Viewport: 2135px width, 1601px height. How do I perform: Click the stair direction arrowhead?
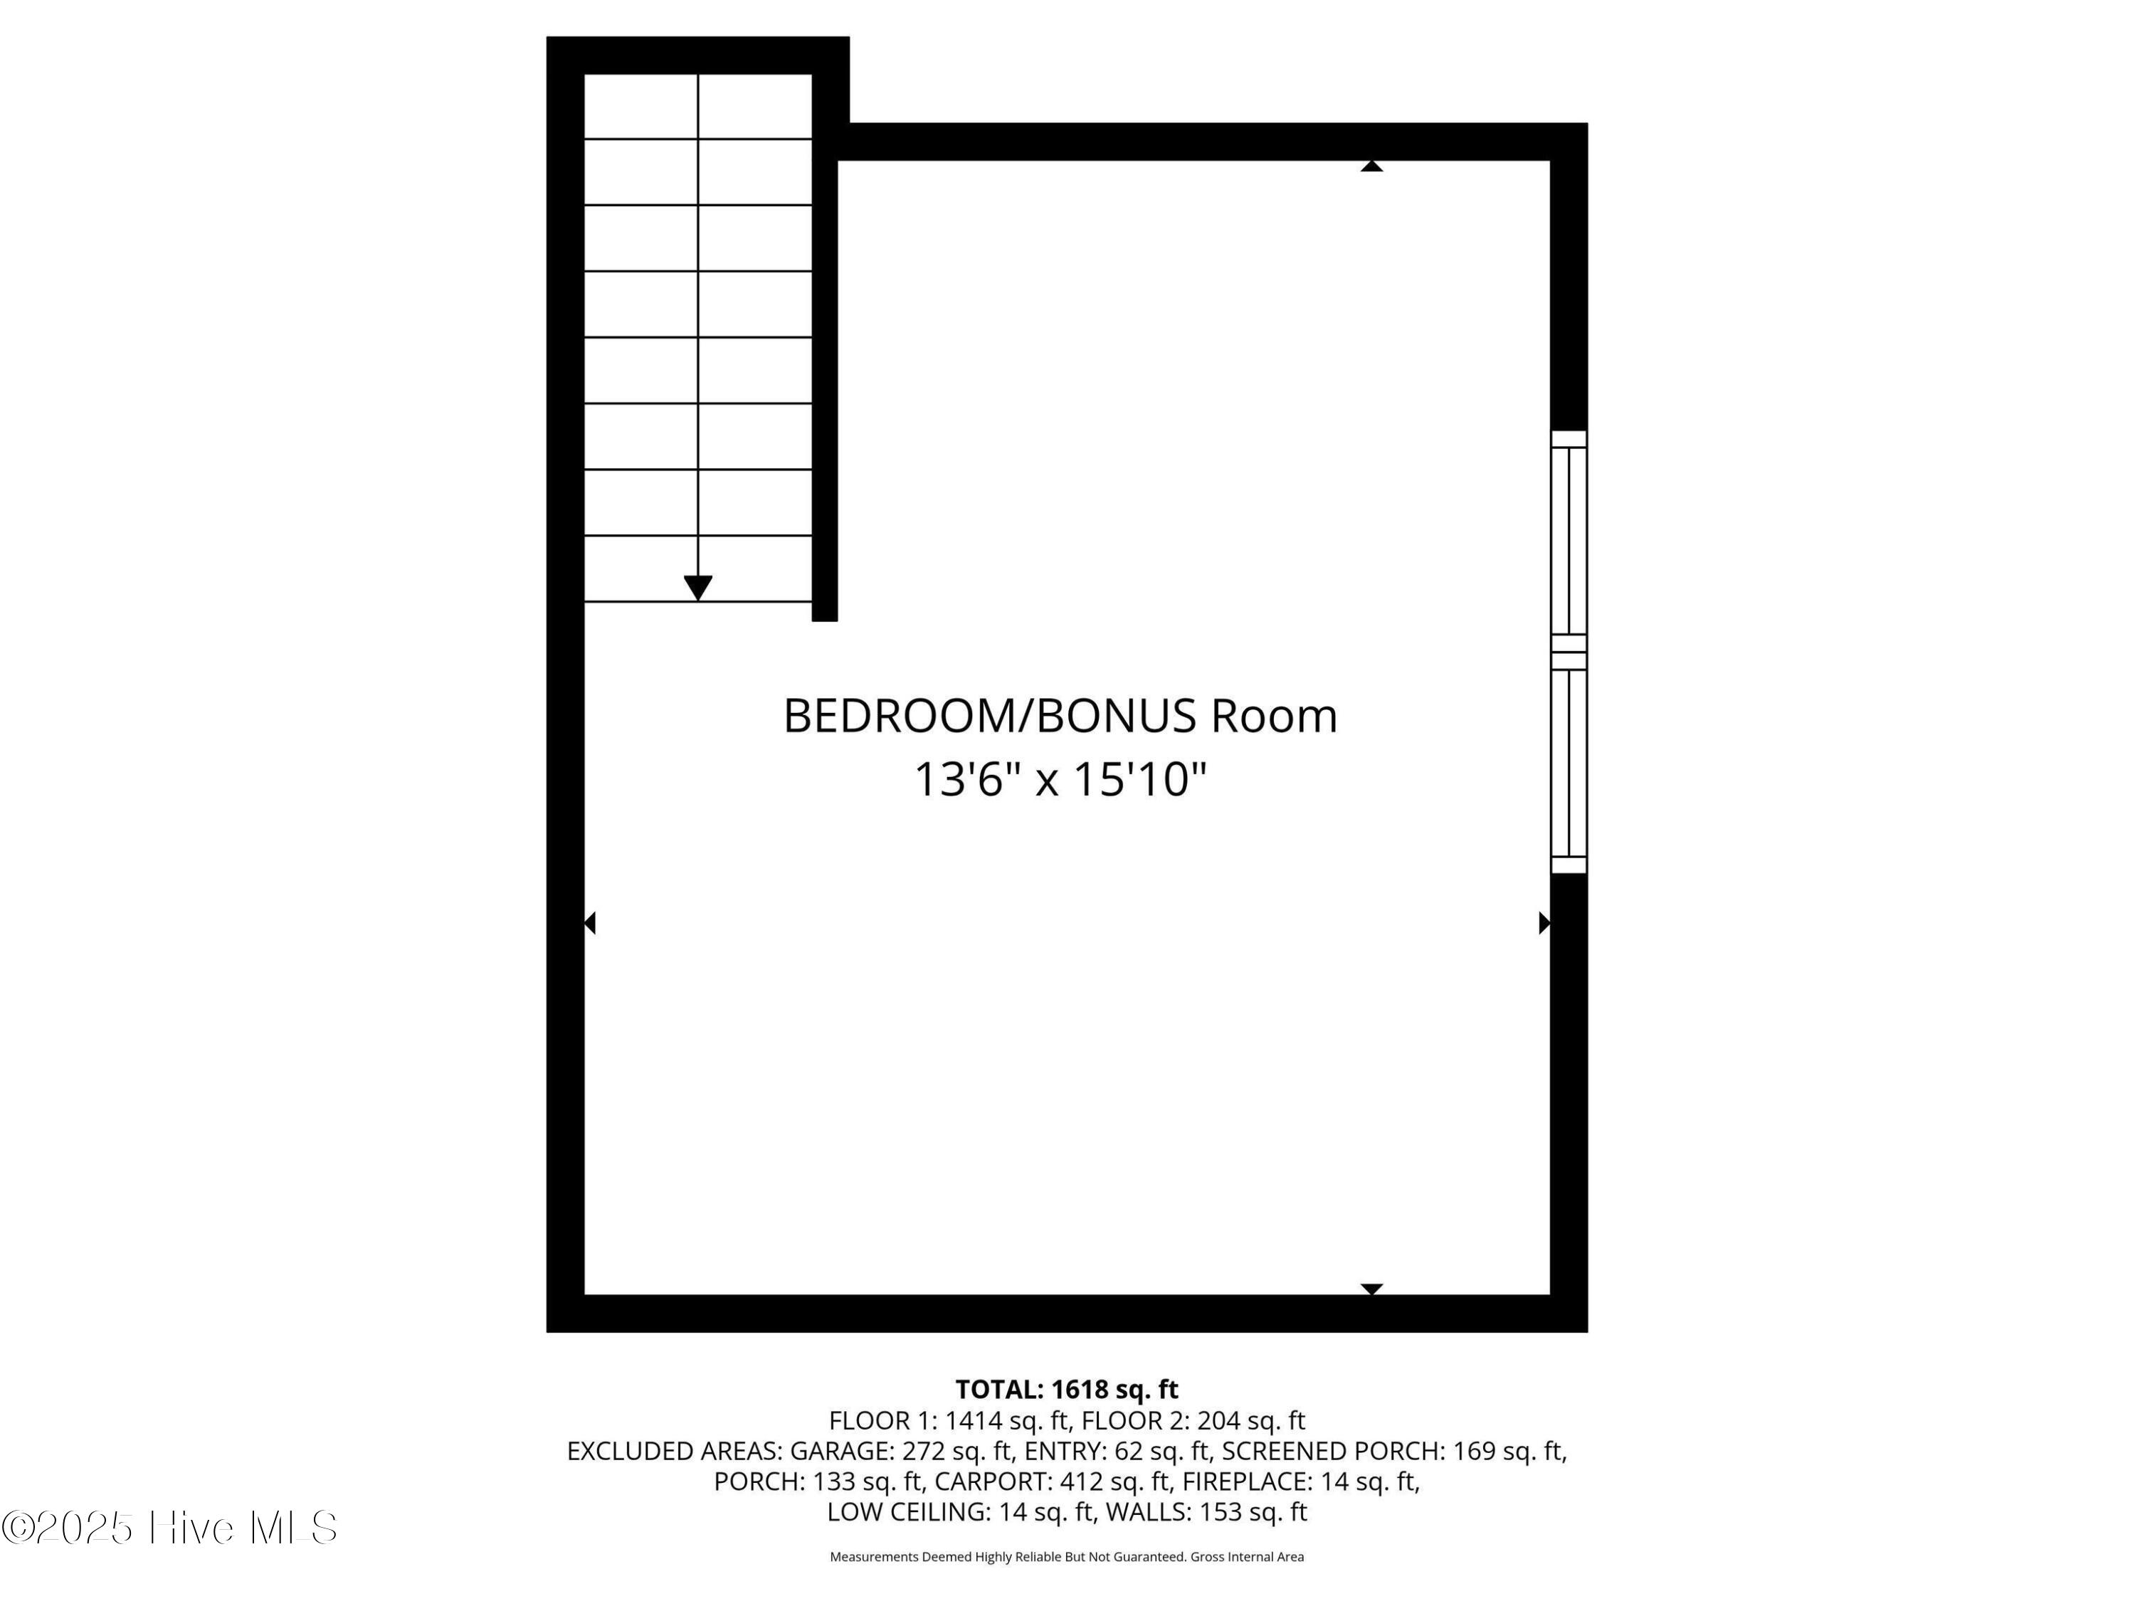click(x=698, y=588)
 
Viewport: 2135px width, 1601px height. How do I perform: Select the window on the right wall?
click(x=1569, y=652)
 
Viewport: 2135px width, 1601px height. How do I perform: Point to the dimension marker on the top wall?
click(x=1371, y=166)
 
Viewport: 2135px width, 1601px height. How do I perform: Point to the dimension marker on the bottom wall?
click(x=1371, y=1289)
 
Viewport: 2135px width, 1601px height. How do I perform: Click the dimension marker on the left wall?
click(x=590, y=924)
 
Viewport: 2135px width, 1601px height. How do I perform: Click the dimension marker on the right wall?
click(x=1544, y=924)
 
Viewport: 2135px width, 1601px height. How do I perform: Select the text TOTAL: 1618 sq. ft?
click(x=1067, y=1390)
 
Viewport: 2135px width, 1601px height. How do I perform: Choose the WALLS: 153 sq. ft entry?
click(x=1206, y=1512)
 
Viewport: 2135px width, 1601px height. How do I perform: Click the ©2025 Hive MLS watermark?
click(x=170, y=1528)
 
